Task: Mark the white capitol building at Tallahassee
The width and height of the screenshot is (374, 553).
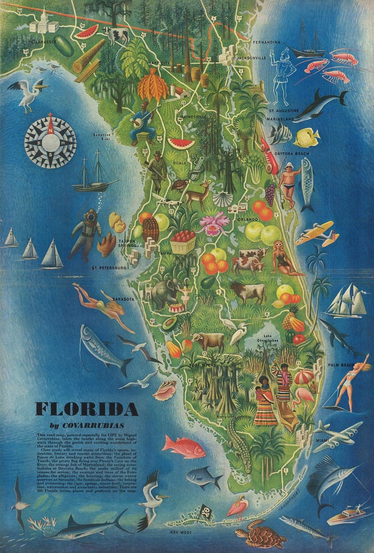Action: click(x=43, y=22)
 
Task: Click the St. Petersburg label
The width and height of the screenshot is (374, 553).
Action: click(x=109, y=267)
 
